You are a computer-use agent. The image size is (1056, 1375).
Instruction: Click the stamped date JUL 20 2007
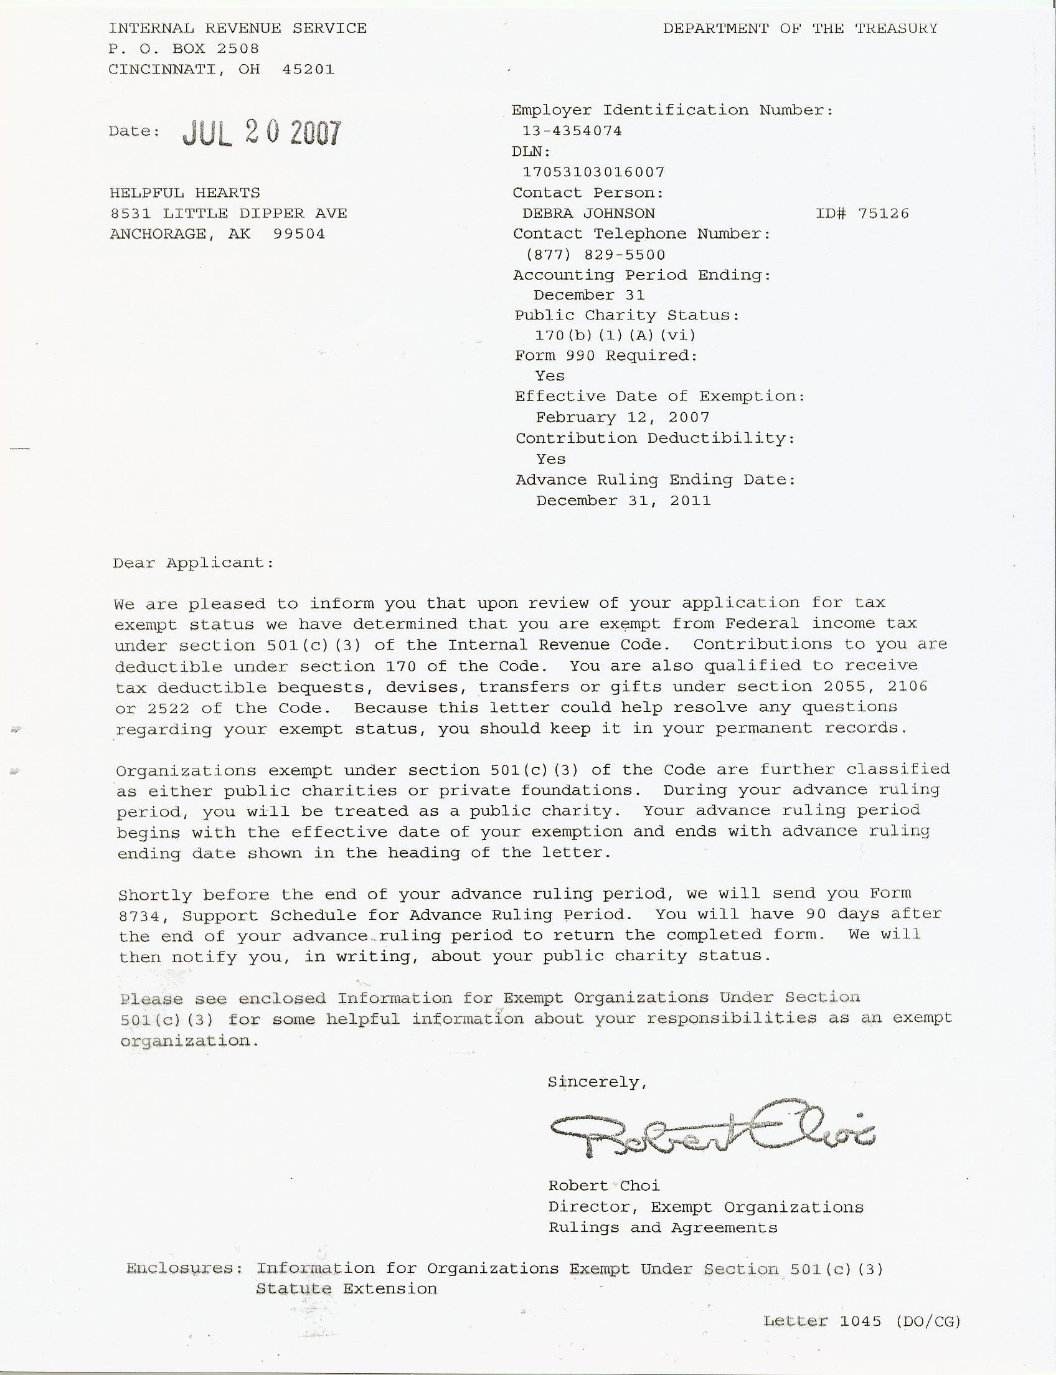click(262, 133)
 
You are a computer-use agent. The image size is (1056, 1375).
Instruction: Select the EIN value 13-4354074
click(572, 131)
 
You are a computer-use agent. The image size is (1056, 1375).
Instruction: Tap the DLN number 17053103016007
click(593, 172)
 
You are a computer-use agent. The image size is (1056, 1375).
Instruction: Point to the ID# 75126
click(862, 213)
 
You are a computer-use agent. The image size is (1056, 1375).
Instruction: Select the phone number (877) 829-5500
click(595, 255)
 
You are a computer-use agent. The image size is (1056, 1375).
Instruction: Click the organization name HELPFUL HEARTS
click(185, 192)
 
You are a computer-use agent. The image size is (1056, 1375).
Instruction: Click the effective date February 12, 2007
click(622, 417)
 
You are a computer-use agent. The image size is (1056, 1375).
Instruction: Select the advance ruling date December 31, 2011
click(623, 501)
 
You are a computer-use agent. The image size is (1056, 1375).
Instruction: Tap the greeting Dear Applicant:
click(194, 563)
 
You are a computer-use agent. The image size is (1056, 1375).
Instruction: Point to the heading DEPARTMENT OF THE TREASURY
click(799, 28)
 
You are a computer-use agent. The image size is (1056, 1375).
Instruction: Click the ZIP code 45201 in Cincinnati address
click(308, 69)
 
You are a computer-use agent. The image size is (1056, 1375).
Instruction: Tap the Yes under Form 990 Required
click(550, 376)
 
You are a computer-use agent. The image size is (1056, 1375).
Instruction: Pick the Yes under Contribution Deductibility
click(550, 459)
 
